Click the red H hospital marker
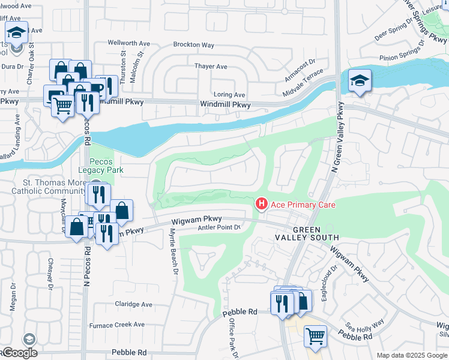[x=261, y=205]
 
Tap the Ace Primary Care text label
[x=303, y=205]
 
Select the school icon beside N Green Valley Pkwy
[x=359, y=81]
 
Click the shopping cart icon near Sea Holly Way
[x=315, y=337]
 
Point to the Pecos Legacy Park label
[x=106, y=166]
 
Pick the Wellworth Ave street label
[x=128, y=43]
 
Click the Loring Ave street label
[x=229, y=95]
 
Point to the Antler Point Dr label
[x=220, y=227]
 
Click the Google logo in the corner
[x=19, y=352]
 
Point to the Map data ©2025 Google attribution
[x=412, y=355]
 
